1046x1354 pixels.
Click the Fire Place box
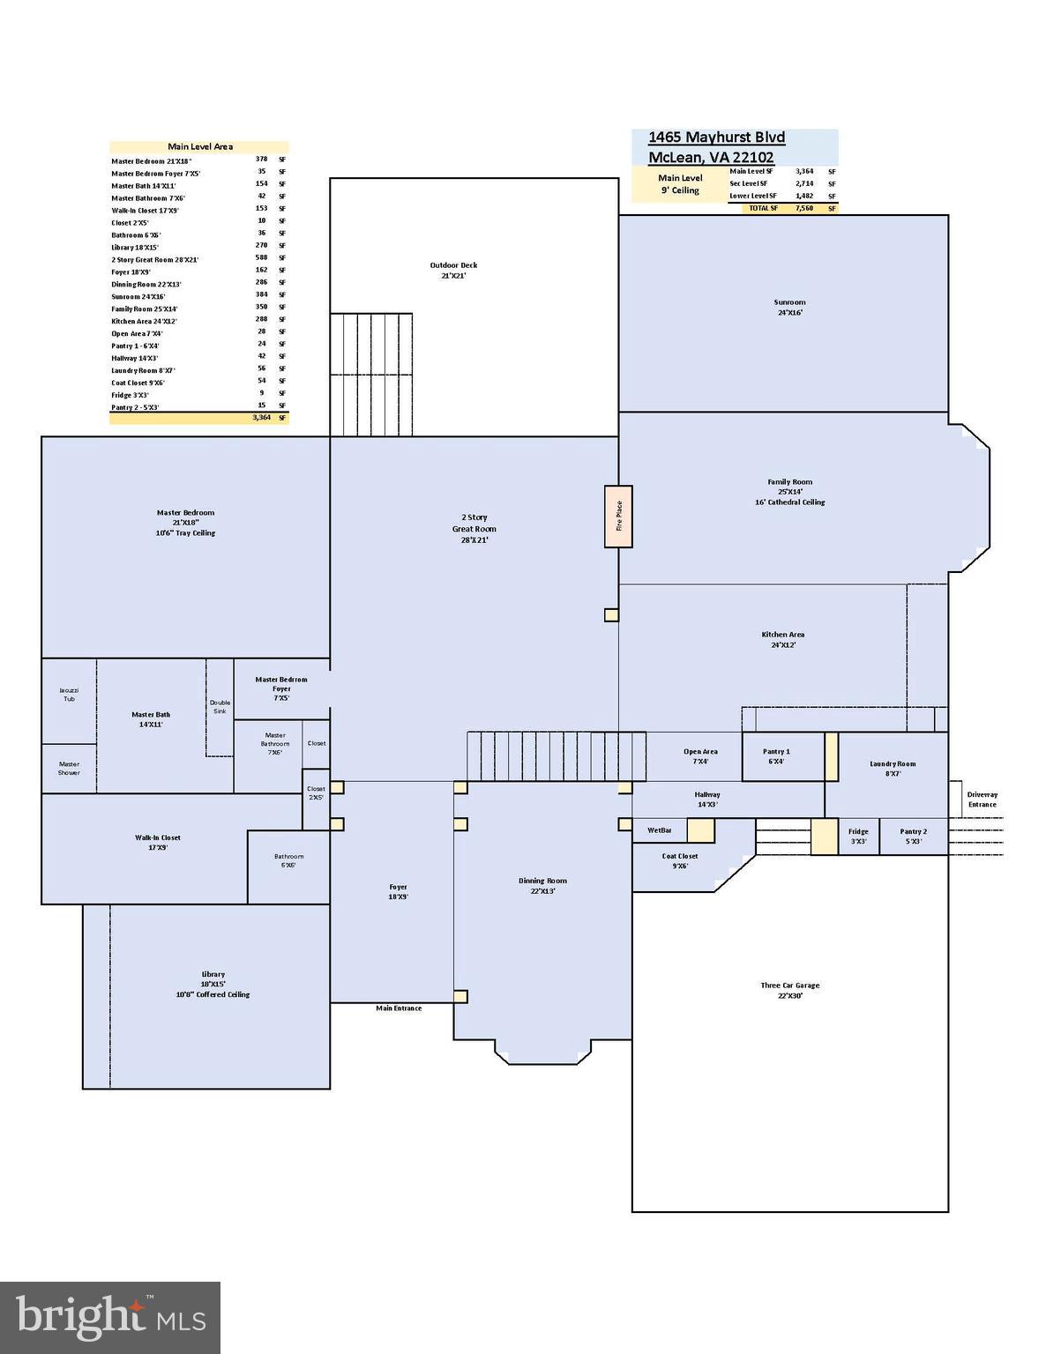pos(618,517)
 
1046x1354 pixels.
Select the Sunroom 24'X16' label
pos(789,308)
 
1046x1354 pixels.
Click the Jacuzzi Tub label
pos(69,695)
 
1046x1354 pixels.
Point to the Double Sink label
pos(220,707)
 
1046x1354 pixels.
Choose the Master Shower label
pos(69,769)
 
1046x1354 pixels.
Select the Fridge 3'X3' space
pos(858,837)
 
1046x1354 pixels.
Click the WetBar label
pos(660,830)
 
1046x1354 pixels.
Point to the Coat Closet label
pos(680,861)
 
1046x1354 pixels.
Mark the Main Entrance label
pos(399,1008)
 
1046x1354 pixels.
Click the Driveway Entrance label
pos(982,800)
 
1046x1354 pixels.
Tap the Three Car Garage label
pos(790,991)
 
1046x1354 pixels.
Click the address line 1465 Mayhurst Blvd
pos(716,138)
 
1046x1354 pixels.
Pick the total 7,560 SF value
pos(803,209)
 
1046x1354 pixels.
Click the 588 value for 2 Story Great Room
pos(261,258)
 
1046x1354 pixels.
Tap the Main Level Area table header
pos(199,147)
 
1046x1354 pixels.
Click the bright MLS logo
pos(110,1318)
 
